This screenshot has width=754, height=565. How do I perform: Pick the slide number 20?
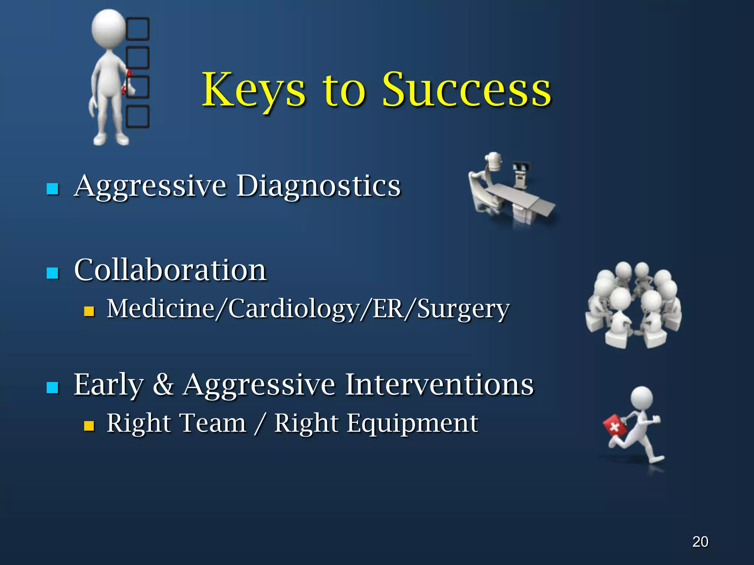pyautogui.click(x=700, y=542)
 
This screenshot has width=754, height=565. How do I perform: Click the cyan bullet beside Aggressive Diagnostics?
pyautogui.click(x=53, y=189)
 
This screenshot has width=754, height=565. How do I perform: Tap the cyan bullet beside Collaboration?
pyautogui.click(x=53, y=273)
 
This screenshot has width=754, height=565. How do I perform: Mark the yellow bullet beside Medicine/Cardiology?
pyautogui.click(x=89, y=312)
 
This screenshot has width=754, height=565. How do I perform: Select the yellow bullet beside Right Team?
pyautogui.click(x=89, y=426)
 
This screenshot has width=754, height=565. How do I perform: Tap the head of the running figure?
pyautogui.click(x=642, y=398)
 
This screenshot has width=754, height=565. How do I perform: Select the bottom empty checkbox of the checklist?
pyautogui.click(x=138, y=117)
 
